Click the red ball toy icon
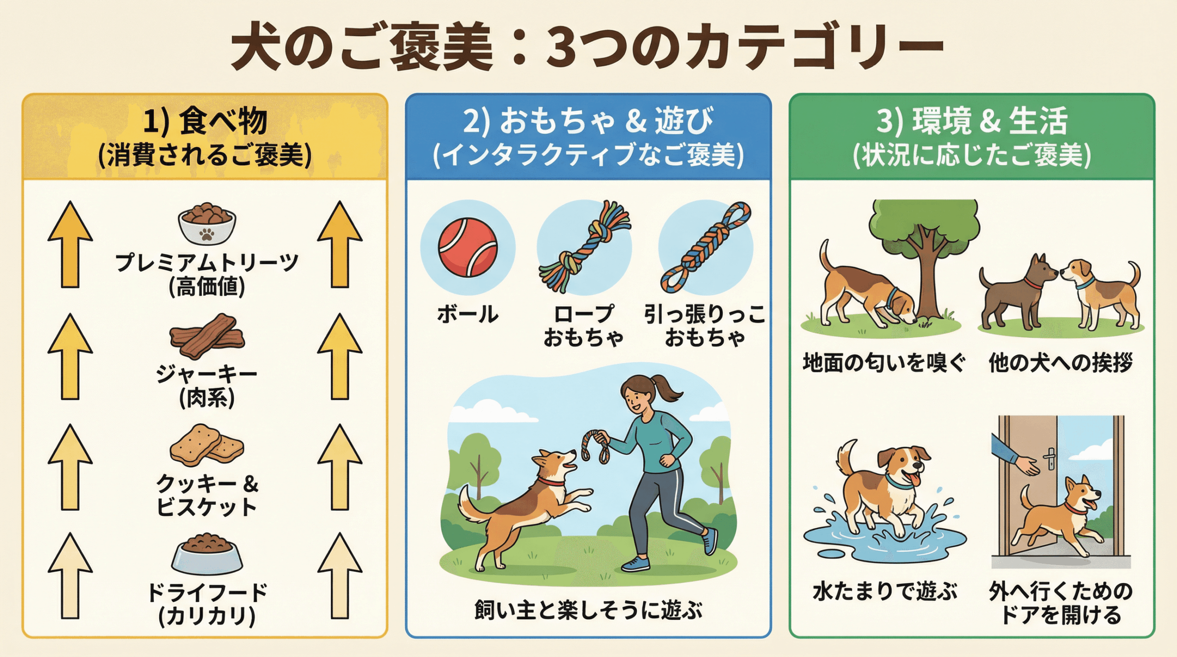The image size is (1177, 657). pyautogui.click(x=468, y=247)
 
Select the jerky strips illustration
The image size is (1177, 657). pyautogui.click(x=207, y=336)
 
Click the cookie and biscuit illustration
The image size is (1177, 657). pyautogui.click(x=207, y=445)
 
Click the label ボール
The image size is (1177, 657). pyautogui.click(x=468, y=314)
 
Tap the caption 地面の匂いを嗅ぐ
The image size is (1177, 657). pyautogui.click(x=884, y=363)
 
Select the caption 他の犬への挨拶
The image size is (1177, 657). pyautogui.click(x=1061, y=363)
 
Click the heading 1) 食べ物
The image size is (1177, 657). pyautogui.click(x=205, y=121)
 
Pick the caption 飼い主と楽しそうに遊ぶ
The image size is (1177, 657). pyautogui.click(x=588, y=611)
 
